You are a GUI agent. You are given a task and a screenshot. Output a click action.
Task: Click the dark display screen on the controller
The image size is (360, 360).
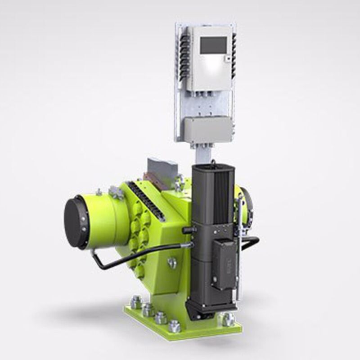pyautogui.click(x=213, y=45)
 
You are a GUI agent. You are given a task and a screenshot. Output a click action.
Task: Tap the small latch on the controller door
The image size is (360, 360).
pyautogui.click(x=228, y=58)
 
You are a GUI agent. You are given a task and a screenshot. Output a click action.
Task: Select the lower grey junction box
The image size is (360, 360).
pyautogui.click(x=207, y=130)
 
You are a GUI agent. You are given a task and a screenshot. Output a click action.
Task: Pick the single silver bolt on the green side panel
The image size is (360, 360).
pyautogui.click(x=171, y=263)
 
